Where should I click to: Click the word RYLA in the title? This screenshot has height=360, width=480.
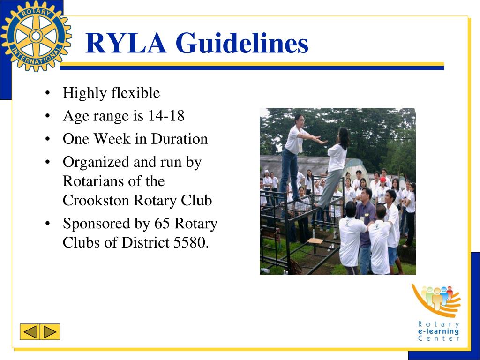[x=126, y=43]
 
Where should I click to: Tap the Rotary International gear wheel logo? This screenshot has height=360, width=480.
[x=36, y=36]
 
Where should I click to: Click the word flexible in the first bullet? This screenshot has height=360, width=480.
[x=135, y=93]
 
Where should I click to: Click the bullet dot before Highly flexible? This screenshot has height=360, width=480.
[x=48, y=93]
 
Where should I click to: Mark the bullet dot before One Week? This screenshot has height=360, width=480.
[x=48, y=139]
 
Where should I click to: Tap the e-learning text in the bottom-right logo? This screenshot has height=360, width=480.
[x=438, y=331]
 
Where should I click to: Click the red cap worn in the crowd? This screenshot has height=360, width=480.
[x=383, y=180]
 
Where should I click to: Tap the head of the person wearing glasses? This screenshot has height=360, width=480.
[x=299, y=119]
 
